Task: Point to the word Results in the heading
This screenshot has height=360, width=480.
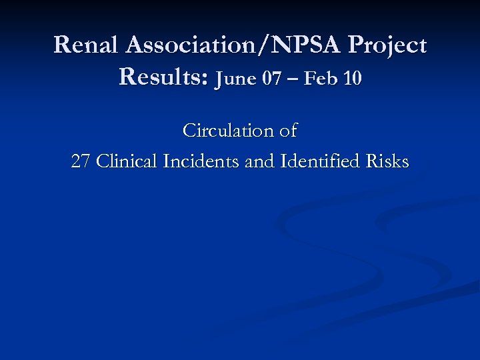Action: pos(162,77)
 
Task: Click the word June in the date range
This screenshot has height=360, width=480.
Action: pos(237,79)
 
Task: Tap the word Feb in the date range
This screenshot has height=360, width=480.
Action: pos(321,79)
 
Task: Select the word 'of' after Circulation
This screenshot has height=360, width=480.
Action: pos(288,131)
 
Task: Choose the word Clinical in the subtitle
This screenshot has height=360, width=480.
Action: pos(127,162)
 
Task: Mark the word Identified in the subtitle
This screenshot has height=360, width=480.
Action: pos(317,162)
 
